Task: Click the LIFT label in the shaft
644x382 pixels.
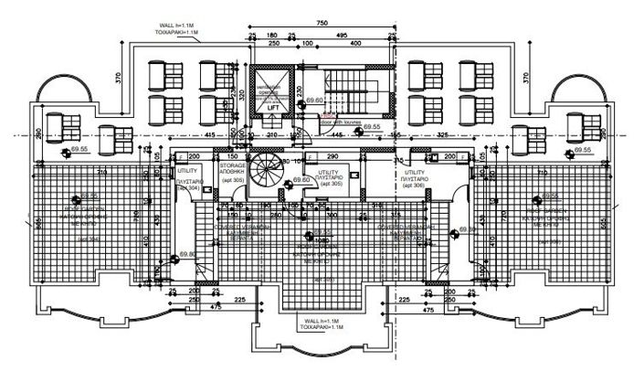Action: (273, 108)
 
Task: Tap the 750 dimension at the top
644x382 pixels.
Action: (321, 22)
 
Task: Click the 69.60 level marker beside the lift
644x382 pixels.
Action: (315, 101)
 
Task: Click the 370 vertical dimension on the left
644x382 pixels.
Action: (118, 79)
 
